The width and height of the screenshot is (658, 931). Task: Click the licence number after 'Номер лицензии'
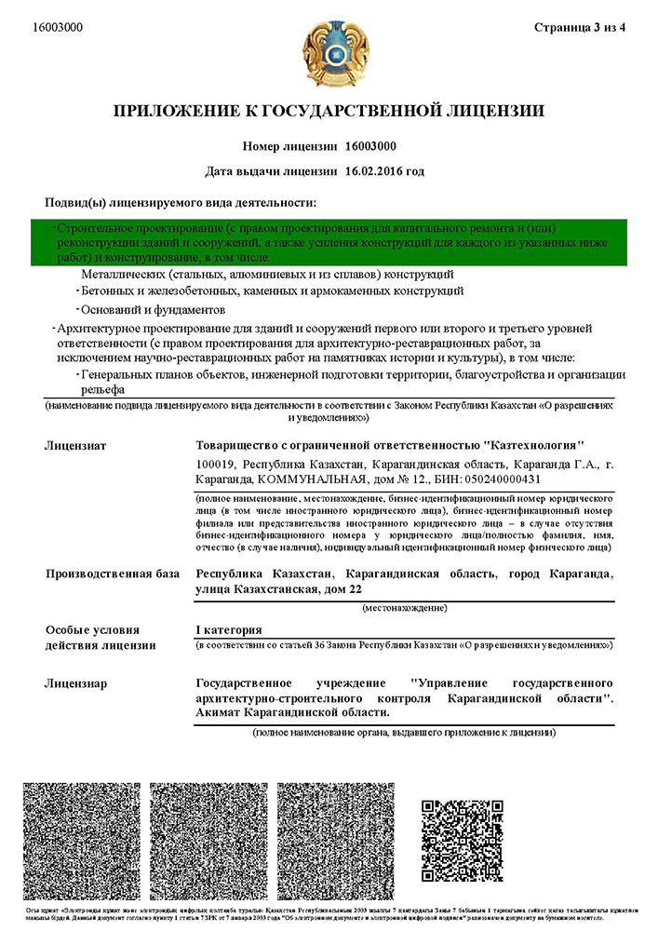tap(370, 146)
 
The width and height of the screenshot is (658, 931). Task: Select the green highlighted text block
tap(328, 242)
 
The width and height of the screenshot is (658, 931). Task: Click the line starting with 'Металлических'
tap(267, 275)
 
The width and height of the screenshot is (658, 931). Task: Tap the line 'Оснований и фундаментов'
tap(153, 308)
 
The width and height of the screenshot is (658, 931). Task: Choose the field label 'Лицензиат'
tap(75, 446)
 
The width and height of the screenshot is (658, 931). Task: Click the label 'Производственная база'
tap(112, 573)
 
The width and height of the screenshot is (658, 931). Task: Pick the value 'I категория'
tap(229, 629)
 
